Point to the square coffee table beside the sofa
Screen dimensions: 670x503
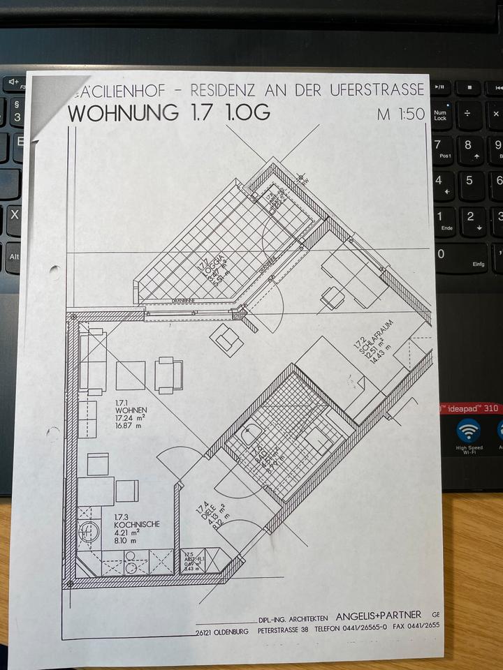(x=131, y=375)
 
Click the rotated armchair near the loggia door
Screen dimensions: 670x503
(x=227, y=339)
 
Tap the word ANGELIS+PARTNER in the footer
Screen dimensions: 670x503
(x=379, y=616)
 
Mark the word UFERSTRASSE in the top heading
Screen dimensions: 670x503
(x=381, y=90)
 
